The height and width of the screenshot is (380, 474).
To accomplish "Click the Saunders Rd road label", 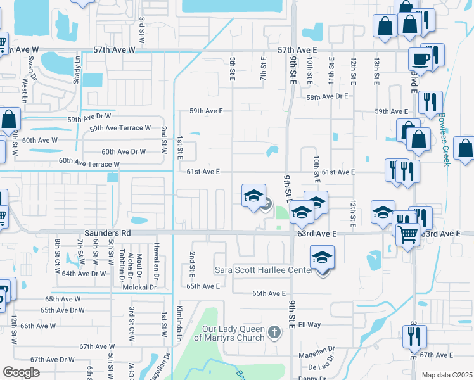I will coord(110,233).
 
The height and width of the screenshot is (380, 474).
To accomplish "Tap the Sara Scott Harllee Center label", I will coord(264,271).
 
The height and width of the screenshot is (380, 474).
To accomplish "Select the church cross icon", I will coord(274,331).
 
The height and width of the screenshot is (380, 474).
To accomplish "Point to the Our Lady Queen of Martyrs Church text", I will coord(229,333).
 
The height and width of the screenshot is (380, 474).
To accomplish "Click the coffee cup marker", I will coord(420,60).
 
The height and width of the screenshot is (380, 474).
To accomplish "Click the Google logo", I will coord(21,372).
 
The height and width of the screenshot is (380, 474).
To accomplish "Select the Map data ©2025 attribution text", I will coord(447,375).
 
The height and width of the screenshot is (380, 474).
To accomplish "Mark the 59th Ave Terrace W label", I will coord(120,127).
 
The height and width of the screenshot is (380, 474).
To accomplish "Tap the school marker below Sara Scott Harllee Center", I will coord(323,257).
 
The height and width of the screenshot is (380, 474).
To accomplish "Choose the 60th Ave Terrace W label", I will coord(89,163).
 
